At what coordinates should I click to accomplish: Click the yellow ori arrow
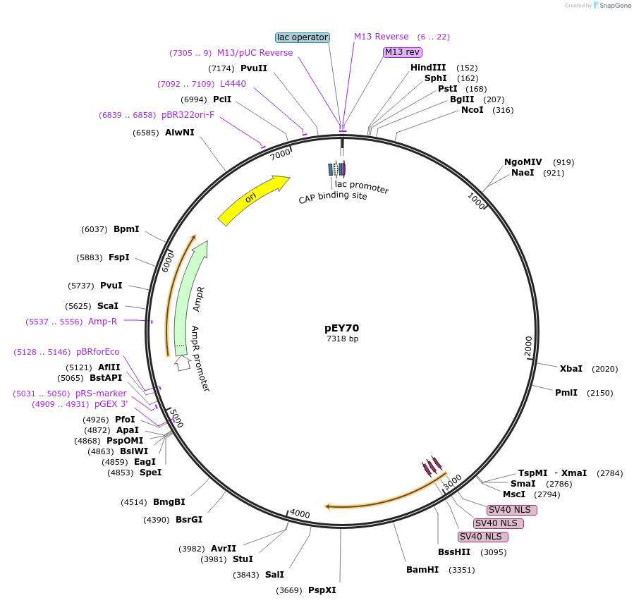point(254,200)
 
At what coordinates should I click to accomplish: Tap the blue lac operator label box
point(302,37)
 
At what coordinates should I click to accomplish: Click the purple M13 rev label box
point(403,52)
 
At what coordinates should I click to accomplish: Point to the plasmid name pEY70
point(342,328)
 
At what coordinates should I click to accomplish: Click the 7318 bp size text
point(342,339)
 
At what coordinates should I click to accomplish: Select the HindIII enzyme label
point(428,68)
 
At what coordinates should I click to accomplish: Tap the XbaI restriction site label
point(571,369)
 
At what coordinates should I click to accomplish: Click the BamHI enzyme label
point(422,570)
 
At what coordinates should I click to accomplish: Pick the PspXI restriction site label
point(322,590)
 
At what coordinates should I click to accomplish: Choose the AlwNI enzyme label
point(180,133)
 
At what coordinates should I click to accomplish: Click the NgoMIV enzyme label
point(523,162)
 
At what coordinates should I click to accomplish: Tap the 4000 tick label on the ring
point(300,514)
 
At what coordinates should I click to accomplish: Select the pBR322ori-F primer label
point(188,114)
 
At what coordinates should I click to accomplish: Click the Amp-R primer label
point(102,322)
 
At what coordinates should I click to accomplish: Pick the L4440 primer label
point(233,84)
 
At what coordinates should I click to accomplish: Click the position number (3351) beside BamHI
point(462,570)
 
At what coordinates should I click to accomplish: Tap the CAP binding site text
point(333,197)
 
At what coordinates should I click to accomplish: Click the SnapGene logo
point(611,6)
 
